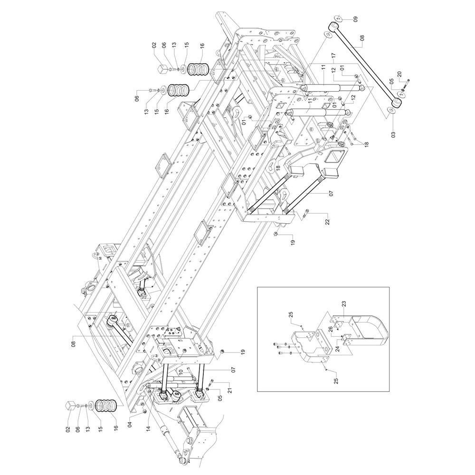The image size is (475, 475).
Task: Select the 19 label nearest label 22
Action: point(293,242)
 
